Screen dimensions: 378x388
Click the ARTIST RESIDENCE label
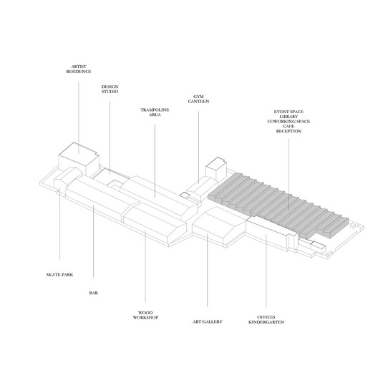(79, 69)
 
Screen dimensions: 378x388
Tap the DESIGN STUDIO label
(110, 89)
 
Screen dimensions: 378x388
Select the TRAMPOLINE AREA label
(155, 112)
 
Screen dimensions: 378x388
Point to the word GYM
(198, 97)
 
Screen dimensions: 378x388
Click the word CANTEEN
(198, 102)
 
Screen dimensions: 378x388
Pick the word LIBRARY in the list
(289, 117)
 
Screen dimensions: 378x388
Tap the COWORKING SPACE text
(289, 122)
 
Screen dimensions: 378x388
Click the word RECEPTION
(289, 131)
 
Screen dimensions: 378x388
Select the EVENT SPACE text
(289, 112)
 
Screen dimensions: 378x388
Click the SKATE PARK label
(59, 275)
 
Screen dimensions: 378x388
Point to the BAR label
(94, 293)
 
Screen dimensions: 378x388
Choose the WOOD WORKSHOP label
(145, 315)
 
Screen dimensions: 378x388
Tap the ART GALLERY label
(208, 321)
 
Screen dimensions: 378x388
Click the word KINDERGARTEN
(266, 322)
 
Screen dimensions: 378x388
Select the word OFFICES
(266, 317)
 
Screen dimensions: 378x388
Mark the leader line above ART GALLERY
(208, 270)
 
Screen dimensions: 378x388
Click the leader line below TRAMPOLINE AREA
(155, 161)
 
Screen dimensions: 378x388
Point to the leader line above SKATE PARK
(59, 223)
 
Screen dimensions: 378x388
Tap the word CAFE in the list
(289, 126)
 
